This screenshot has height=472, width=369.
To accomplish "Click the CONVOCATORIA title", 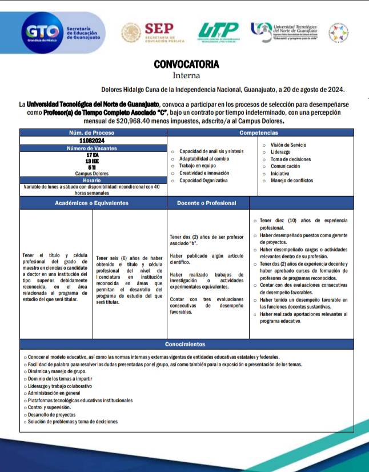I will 186,65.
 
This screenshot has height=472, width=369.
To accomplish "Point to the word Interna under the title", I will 186,75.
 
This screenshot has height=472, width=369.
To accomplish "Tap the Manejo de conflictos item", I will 291,181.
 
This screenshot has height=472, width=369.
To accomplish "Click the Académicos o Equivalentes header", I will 92,203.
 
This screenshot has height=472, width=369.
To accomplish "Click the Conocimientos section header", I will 185,345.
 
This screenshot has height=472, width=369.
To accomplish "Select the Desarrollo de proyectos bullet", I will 51,414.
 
